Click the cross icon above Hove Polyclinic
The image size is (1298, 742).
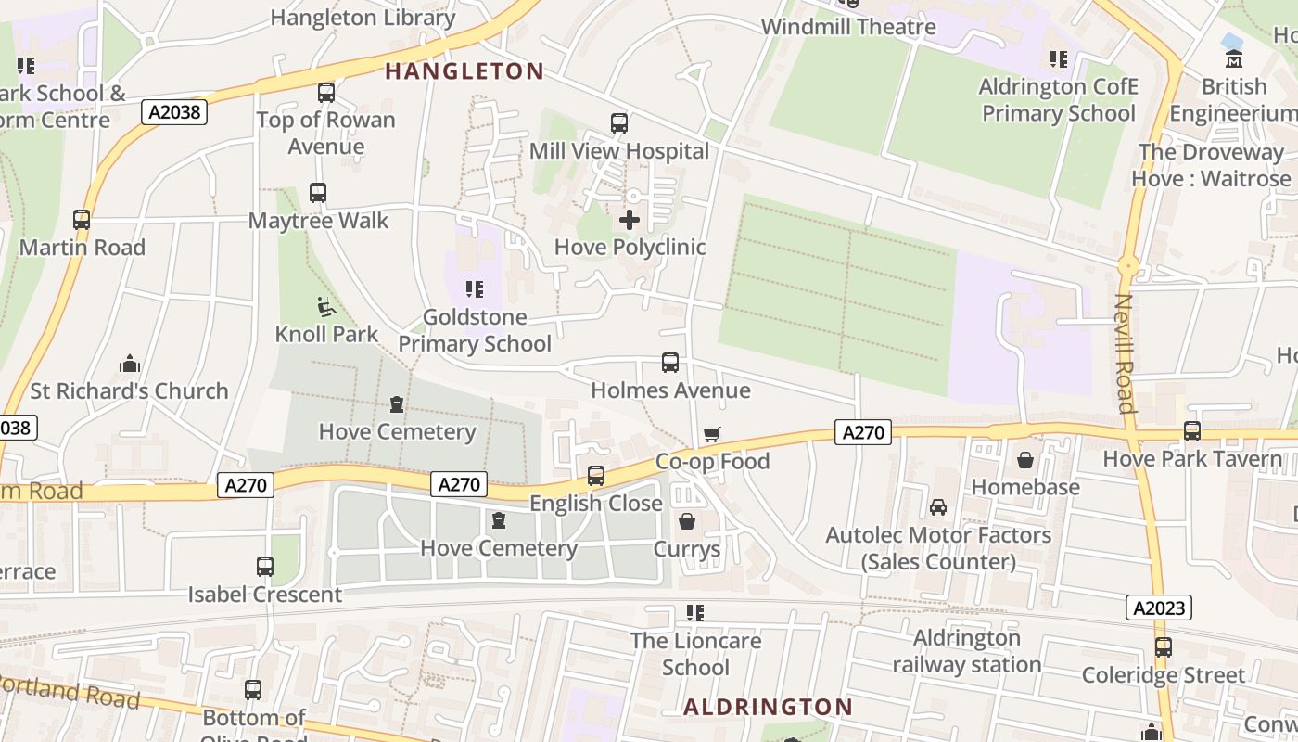(x=630, y=220)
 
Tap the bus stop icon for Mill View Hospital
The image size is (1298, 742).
(x=619, y=122)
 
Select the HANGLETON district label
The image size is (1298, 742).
(x=464, y=71)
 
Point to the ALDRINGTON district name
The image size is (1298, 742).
(x=768, y=707)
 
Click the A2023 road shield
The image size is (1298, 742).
(x=1159, y=608)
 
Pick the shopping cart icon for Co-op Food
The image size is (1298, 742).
(x=712, y=434)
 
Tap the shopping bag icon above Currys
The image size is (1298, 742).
(x=687, y=521)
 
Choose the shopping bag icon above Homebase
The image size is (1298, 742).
(x=1025, y=459)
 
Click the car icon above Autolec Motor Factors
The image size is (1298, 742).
(x=938, y=507)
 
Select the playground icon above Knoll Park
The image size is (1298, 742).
(x=326, y=306)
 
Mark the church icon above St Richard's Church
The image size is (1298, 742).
(x=130, y=363)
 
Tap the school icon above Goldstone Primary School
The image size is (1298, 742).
(x=475, y=289)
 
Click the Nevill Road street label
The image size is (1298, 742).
(x=1125, y=353)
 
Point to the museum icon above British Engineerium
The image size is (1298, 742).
(x=1233, y=59)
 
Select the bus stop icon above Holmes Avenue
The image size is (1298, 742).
(x=670, y=363)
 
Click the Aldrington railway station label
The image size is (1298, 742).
(x=966, y=651)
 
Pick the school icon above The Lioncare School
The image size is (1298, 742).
(x=695, y=613)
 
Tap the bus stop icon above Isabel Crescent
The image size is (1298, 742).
(x=265, y=566)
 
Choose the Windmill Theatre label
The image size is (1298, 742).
(x=848, y=26)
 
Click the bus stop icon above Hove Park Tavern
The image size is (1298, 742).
(x=1192, y=431)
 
